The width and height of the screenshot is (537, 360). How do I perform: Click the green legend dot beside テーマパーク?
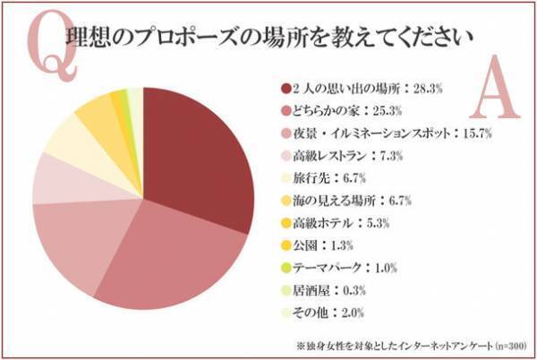[x=285, y=267]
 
